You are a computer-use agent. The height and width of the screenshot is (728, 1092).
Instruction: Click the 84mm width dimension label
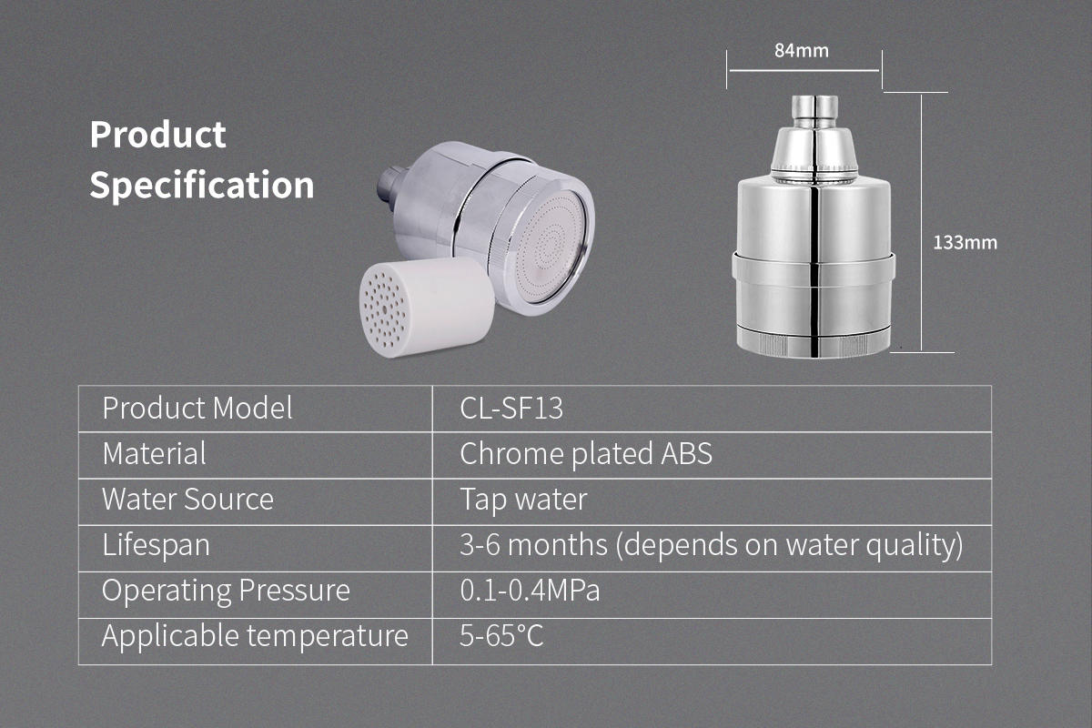click(x=802, y=51)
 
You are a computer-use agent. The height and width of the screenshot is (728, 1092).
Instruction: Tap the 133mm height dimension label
click(x=965, y=243)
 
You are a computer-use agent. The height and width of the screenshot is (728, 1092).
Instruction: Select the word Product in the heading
click(x=157, y=134)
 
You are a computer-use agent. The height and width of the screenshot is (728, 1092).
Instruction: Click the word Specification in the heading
click(x=202, y=185)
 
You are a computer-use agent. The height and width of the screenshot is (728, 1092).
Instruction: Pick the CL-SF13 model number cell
click(x=511, y=408)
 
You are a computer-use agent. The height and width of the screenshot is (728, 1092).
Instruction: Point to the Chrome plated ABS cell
click(x=585, y=454)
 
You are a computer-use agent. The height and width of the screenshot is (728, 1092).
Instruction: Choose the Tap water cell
click(x=523, y=500)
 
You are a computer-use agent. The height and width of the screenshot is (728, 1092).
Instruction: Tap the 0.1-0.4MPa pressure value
click(x=530, y=591)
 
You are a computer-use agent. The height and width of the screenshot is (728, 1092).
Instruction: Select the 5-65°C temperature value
click(x=501, y=636)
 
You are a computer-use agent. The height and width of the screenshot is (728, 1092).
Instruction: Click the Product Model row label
click(x=197, y=408)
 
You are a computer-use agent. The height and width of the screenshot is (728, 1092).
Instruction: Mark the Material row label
click(x=154, y=453)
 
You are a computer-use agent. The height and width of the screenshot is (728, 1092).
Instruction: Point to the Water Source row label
click(x=187, y=500)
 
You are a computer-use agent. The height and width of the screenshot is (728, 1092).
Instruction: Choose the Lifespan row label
click(x=156, y=545)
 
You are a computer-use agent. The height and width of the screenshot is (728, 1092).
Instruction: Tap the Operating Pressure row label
click(x=226, y=591)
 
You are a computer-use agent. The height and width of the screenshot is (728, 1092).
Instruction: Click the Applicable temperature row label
click(x=255, y=636)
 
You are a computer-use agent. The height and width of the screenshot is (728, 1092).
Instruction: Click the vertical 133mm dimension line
click(x=921, y=222)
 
